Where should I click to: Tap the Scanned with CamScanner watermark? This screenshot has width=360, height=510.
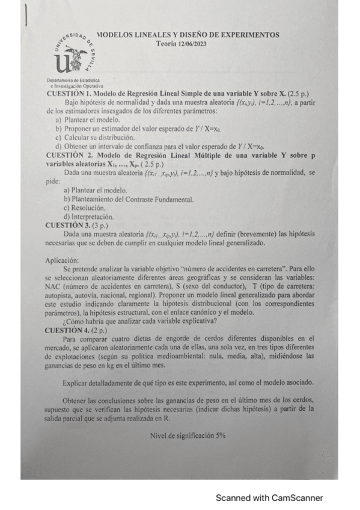269,498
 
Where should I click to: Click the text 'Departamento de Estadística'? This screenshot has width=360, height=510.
73,81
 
